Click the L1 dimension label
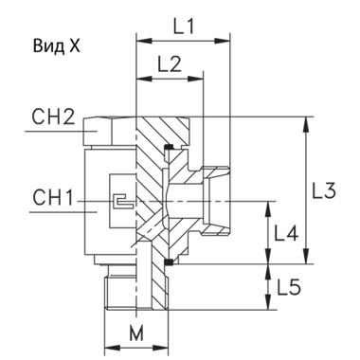pos(186,29)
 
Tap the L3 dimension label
pos(323,192)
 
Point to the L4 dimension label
pos(283,230)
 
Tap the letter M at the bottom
pos(139,333)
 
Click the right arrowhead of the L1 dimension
pos(227,41)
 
